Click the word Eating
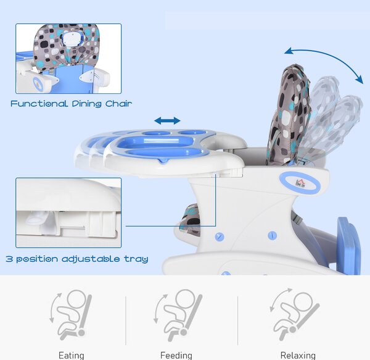pyautogui.click(x=72, y=356)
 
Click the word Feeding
pyautogui.click(x=176, y=356)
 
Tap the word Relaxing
pyautogui.click(x=298, y=356)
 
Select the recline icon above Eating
pyautogui.click(x=71, y=315)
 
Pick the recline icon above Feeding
pyautogui.click(x=178, y=315)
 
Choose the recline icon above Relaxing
pyautogui.click(x=294, y=314)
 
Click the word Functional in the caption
pyautogui.click(x=39, y=104)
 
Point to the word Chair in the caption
pyautogui.click(x=118, y=104)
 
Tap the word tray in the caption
pyautogui.click(x=136, y=259)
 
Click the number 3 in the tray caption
pyautogui.click(x=9, y=259)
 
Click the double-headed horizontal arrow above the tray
pyautogui.click(x=167, y=120)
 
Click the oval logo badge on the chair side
pyautogui.click(x=300, y=183)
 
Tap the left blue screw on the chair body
pyautogui.click(x=220, y=237)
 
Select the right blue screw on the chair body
pyautogui.click(x=273, y=235)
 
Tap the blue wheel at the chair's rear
pyautogui.click(x=348, y=246)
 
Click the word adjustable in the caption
pyautogui.click(x=91, y=259)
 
